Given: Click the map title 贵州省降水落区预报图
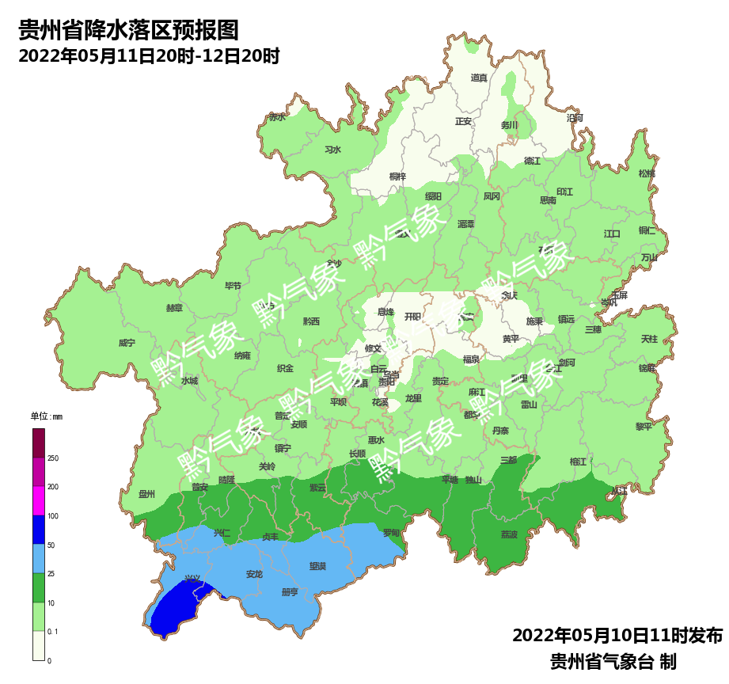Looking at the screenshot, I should pyautogui.click(x=128, y=31).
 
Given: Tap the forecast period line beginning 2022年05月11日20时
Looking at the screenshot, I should pyautogui.click(x=149, y=57).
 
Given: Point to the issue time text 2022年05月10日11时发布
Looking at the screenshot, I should pyautogui.click(x=617, y=636).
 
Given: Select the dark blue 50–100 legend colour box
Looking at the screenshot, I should pyautogui.click(x=39, y=530).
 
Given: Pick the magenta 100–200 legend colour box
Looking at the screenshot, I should pyautogui.click(x=39, y=500).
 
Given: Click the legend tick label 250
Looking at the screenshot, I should pyautogui.click(x=53, y=458).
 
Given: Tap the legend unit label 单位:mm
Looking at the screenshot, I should pyautogui.click(x=46, y=416).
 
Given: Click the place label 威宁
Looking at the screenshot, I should pyautogui.click(x=127, y=343).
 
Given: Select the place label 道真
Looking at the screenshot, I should pyautogui.click(x=479, y=78).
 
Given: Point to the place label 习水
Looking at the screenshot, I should pyautogui.click(x=332, y=150).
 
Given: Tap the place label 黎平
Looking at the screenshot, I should pyautogui.click(x=644, y=426).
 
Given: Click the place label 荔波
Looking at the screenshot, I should pyautogui.click(x=509, y=534).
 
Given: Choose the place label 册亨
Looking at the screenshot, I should pyautogui.click(x=290, y=592).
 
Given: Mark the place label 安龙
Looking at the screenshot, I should pyautogui.click(x=254, y=574).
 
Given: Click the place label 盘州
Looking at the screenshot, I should pyautogui.click(x=146, y=494).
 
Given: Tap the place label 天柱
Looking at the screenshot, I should pyautogui.click(x=649, y=339).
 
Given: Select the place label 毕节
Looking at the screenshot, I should pyautogui.click(x=233, y=286).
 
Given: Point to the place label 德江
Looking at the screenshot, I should pyautogui.click(x=532, y=161).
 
